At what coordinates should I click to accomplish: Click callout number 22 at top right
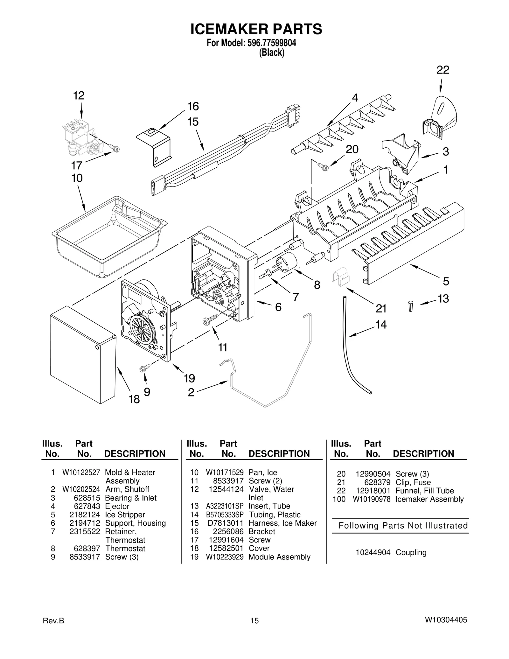click(x=443, y=70)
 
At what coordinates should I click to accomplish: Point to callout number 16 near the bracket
click(x=193, y=107)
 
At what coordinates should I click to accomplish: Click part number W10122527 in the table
click(x=81, y=472)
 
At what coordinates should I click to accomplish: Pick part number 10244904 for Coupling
click(x=373, y=552)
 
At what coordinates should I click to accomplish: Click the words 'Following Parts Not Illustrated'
click(x=403, y=525)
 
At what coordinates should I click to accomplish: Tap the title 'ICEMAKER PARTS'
click(x=256, y=29)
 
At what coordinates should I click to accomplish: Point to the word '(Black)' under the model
click(x=271, y=53)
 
